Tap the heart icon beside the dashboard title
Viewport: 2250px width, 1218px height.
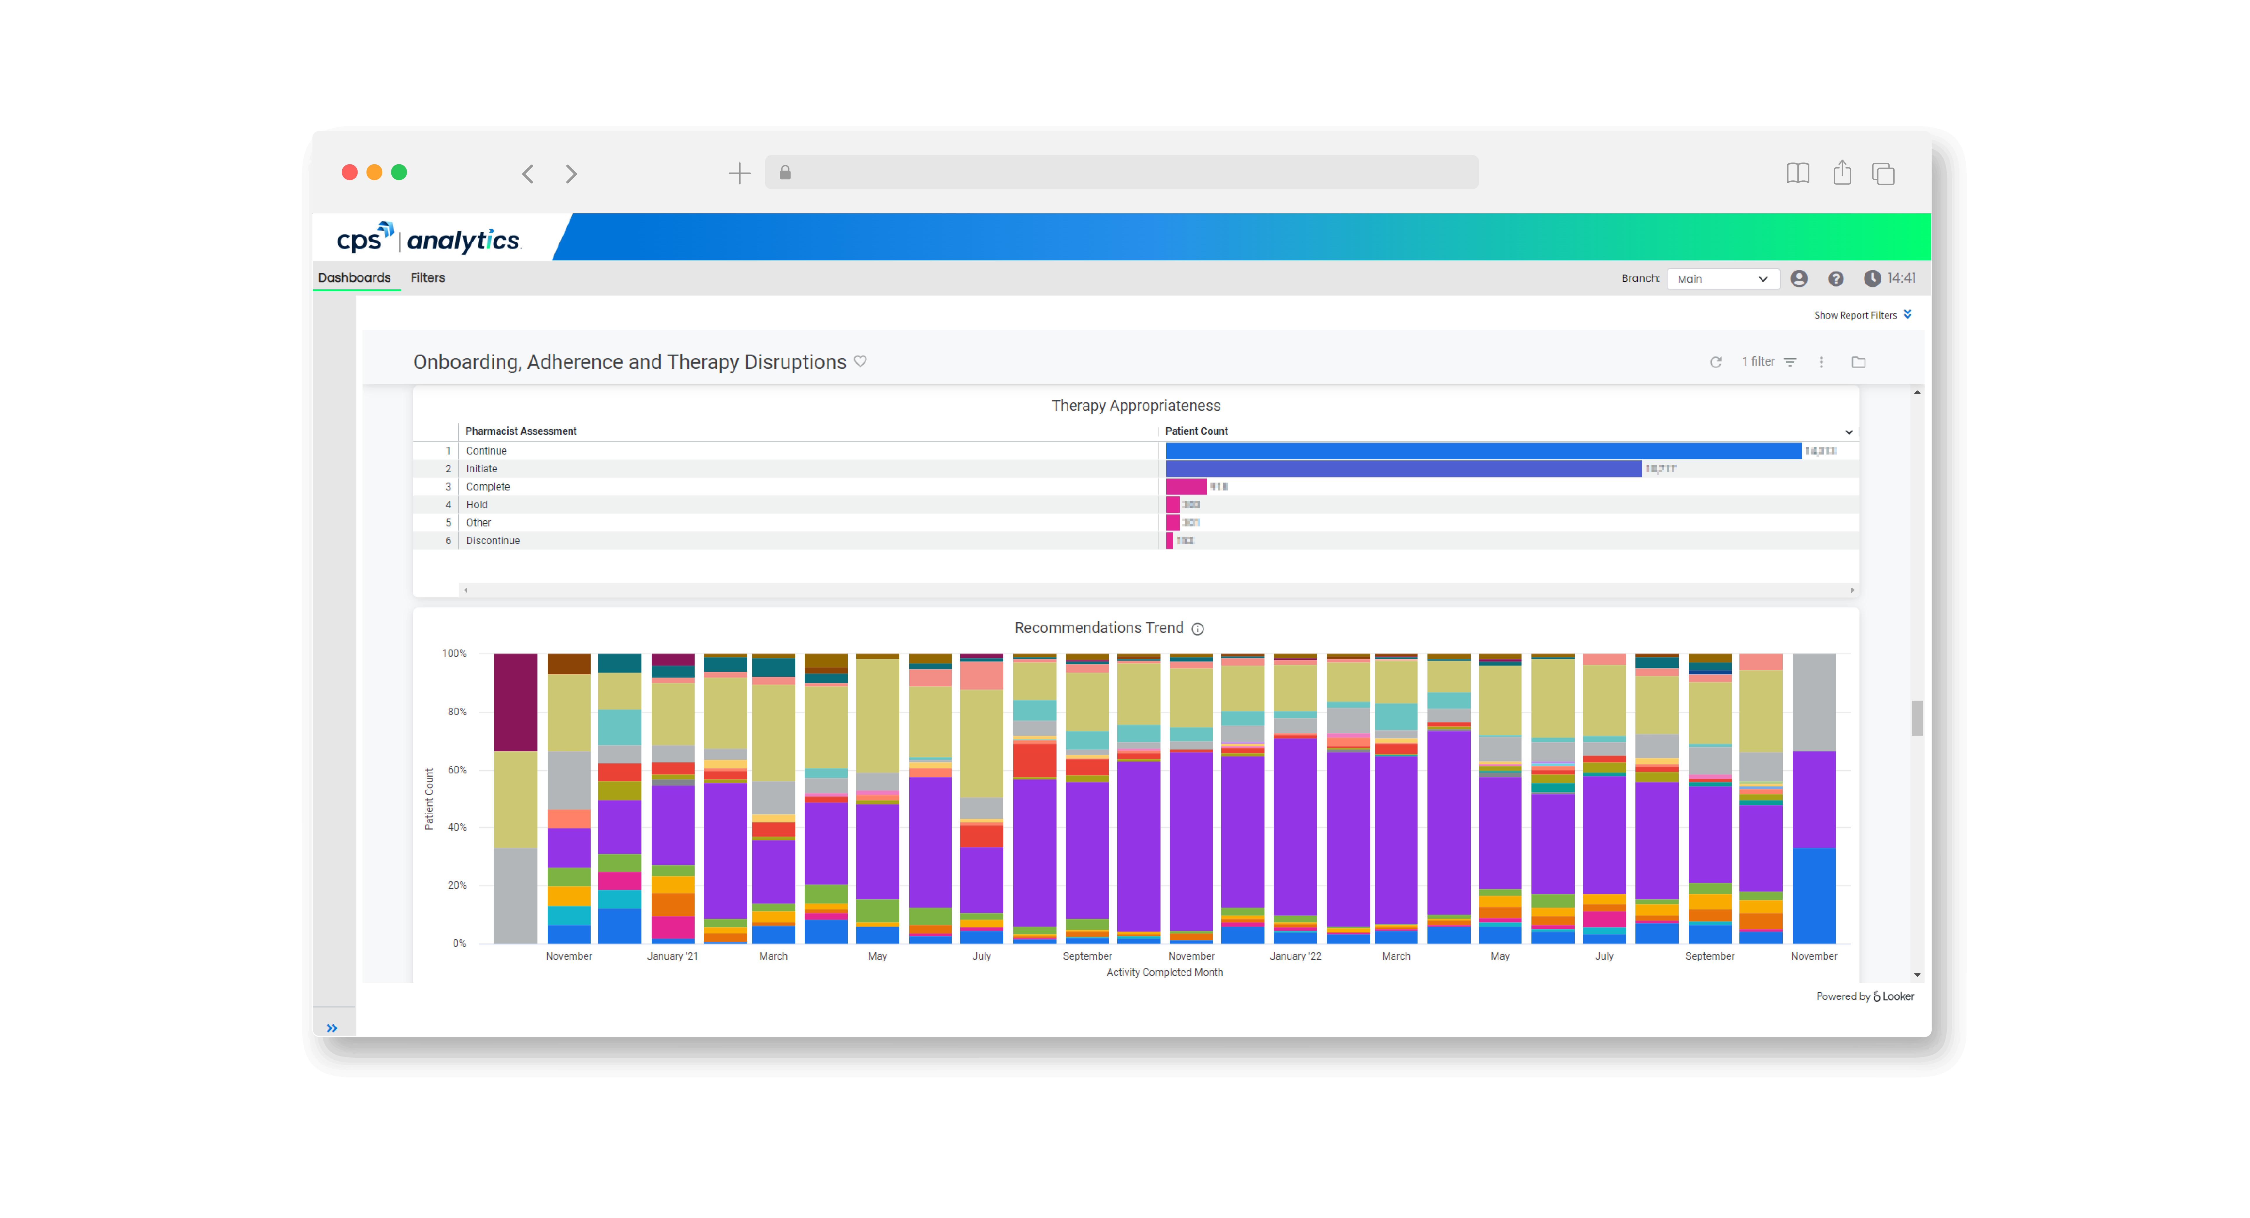[x=860, y=362]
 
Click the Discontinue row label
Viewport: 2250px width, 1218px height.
[x=493, y=541]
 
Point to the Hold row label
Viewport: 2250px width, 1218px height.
[x=477, y=505]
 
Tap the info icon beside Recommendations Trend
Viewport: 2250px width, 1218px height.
[x=1198, y=629]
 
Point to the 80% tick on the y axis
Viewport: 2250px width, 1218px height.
[x=457, y=712]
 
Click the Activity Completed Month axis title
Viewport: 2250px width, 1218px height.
[x=1164, y=972]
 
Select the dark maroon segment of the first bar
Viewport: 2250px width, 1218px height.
[x=515, y=702]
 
